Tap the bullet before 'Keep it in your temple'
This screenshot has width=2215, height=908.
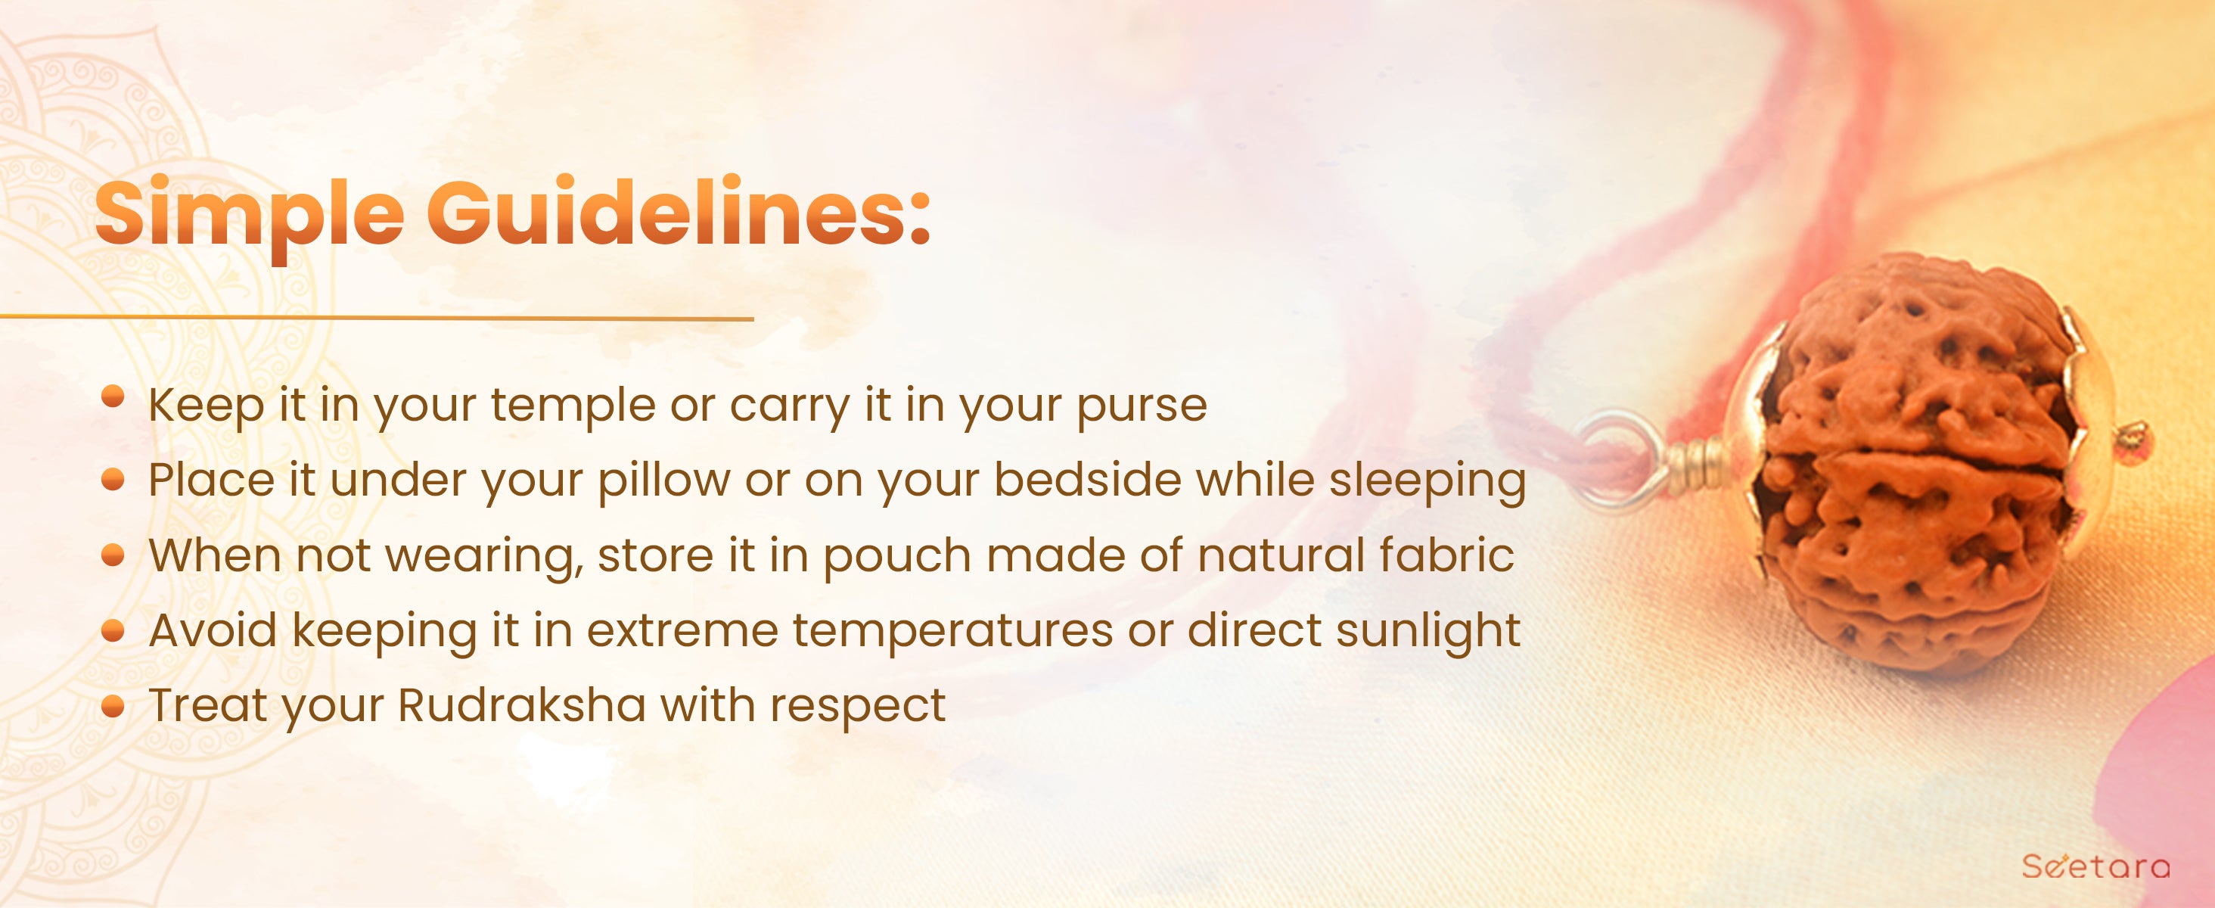click(x=113, y=396)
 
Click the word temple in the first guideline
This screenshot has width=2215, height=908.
click(x=573, y=406)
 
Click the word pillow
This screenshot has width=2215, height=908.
click(x=663, y=481)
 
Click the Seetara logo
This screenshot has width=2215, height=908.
click(x=2095, y=866)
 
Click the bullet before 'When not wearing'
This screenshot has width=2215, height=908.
click(x=113, y=555)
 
